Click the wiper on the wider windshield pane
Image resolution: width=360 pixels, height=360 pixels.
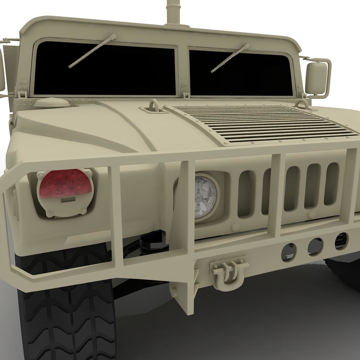pos(92,51)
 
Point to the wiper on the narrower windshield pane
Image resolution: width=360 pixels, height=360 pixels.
pos(230,58)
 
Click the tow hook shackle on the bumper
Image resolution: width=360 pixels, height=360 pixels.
pos(228,272)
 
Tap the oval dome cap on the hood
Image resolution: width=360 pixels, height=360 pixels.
pos(52,103)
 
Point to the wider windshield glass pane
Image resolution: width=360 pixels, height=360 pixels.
pos(104,68)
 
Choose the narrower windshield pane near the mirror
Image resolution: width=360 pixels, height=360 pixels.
pos(241,72)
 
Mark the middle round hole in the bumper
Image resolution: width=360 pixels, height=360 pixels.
pos(315,247)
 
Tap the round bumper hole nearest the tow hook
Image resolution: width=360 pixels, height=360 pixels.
pos(288,252)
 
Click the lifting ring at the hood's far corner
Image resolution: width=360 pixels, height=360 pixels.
pos(302,104)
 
